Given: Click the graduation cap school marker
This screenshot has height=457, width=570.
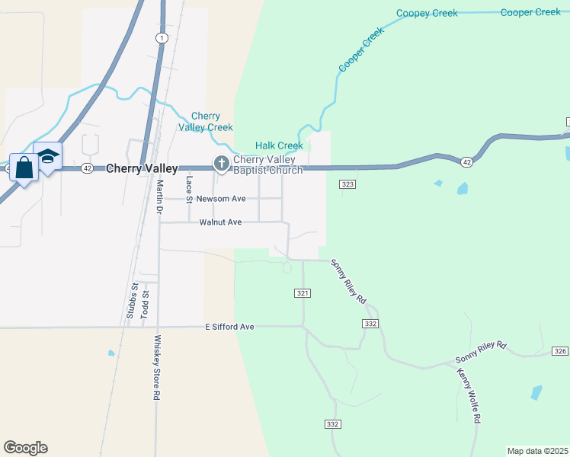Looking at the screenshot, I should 48,157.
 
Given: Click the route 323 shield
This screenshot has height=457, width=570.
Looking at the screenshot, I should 347,184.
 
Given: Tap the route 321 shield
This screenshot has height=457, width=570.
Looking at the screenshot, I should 303,293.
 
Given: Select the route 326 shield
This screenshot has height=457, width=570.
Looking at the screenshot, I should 560,351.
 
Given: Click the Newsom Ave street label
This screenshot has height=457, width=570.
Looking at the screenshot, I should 221,199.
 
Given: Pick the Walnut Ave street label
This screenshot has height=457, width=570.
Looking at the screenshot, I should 220,222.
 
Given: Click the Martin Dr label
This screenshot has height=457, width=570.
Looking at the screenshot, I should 160,197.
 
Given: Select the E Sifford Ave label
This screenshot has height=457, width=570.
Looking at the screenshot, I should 229,327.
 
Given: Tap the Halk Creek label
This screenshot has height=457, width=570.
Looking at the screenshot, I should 279,145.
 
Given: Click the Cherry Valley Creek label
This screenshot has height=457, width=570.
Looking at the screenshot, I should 206,122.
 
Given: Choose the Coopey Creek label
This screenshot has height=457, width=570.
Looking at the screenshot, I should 427,13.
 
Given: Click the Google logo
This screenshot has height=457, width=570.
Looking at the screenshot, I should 25,448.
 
